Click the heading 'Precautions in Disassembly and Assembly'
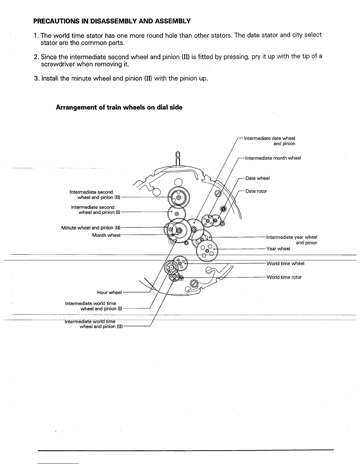112,21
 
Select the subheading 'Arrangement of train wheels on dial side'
119,107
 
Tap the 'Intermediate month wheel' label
273,158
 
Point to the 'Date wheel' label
257,178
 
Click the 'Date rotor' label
256,191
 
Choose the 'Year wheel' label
278,249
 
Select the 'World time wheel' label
285,264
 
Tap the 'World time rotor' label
284,277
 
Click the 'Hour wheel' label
109,292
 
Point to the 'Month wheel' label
106,235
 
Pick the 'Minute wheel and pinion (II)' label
91,228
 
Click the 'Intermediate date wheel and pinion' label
269,141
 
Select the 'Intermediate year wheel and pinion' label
291,240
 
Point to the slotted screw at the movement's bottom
194,284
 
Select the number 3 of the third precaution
36,79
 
